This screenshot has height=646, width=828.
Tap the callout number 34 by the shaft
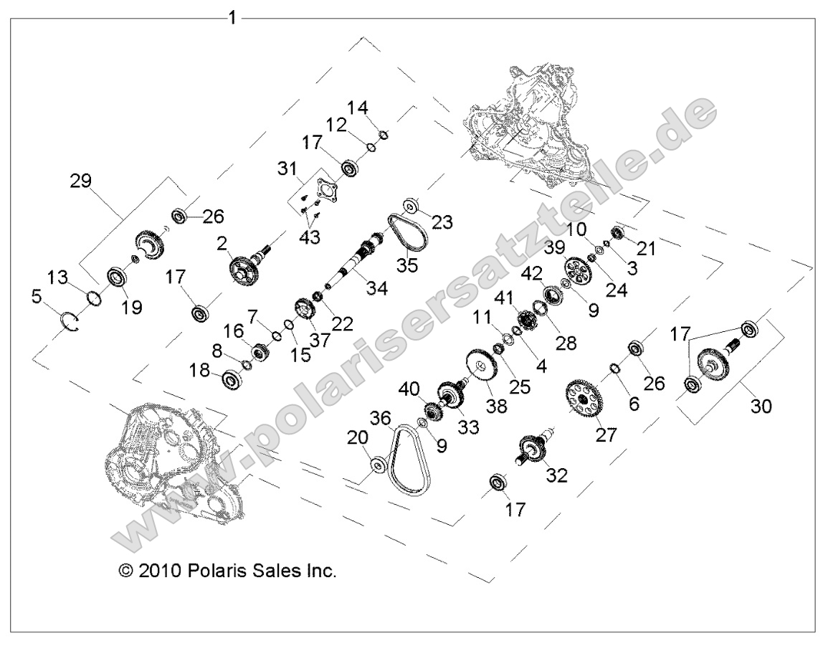pos(376,288)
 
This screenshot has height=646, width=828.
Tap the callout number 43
pos(310,237)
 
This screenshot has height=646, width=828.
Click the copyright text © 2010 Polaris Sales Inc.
pos(227,571)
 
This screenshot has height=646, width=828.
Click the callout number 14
pos(358,108)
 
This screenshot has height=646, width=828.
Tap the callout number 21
pos(647,249)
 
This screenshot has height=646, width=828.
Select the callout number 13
pos(57,277)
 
